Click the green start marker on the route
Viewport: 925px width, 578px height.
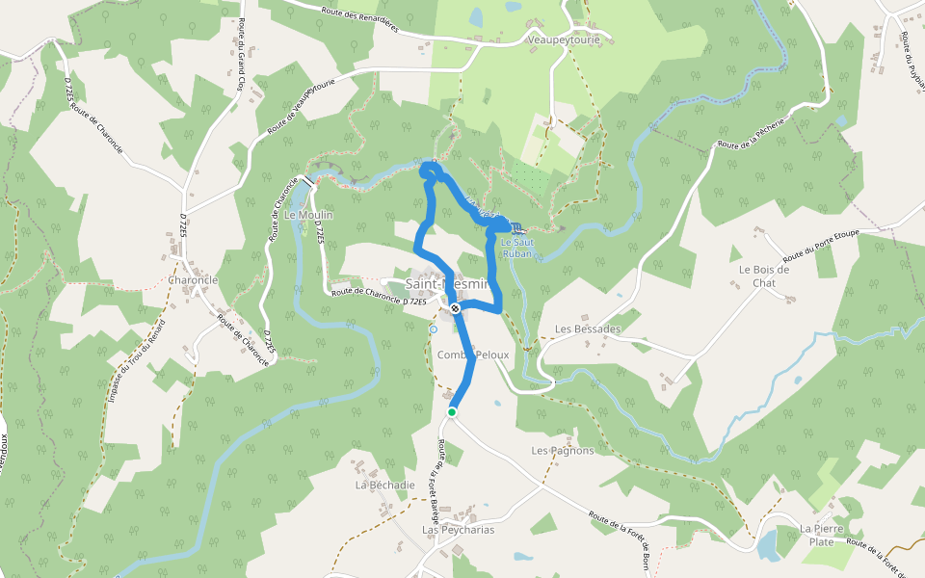(x=451, y=412)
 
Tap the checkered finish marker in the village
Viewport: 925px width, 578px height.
(x=455, y=308)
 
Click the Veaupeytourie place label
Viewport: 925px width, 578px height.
(x=564, y=40)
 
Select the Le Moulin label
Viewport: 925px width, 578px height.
(x=308, y=215)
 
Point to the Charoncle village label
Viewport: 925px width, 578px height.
(x=193, y=280)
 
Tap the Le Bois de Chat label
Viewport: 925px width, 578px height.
(x=764, y=276)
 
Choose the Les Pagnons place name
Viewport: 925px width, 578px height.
(x=563, y=450)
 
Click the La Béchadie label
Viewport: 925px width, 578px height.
(x=384, y=485)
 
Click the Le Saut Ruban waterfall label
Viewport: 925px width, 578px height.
(x=517, y=248)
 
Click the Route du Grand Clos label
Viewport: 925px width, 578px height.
(x=239, y=58)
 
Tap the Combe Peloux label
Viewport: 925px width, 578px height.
(x=471, y=355)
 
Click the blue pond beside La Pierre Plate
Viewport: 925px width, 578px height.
(x=768, y=546)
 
